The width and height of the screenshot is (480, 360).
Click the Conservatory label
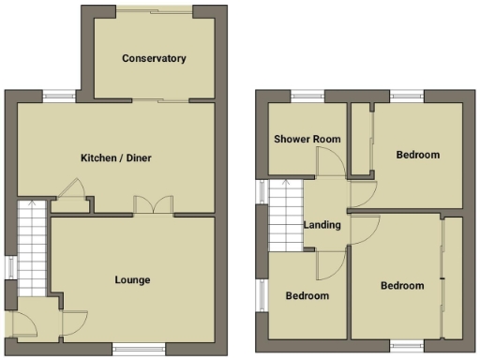click(154, 58)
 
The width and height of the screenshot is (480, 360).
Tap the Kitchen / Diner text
click(115, 158)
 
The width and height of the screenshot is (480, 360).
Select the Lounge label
click(132, 279)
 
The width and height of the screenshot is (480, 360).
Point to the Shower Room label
click(307, 139)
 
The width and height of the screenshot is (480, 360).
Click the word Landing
click(322, 225)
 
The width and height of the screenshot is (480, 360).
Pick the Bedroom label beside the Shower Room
click(417, 155)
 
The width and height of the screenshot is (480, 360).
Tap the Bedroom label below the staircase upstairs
click(307, 295)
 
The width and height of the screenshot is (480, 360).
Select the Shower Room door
click(329, 163)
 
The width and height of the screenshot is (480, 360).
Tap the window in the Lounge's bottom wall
click(132, 349)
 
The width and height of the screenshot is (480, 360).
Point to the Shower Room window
click(307, 93)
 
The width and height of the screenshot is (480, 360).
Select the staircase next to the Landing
click(285, 216)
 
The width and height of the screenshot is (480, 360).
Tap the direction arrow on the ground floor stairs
click(32, 202)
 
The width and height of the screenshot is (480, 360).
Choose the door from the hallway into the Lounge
click(73, 322)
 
